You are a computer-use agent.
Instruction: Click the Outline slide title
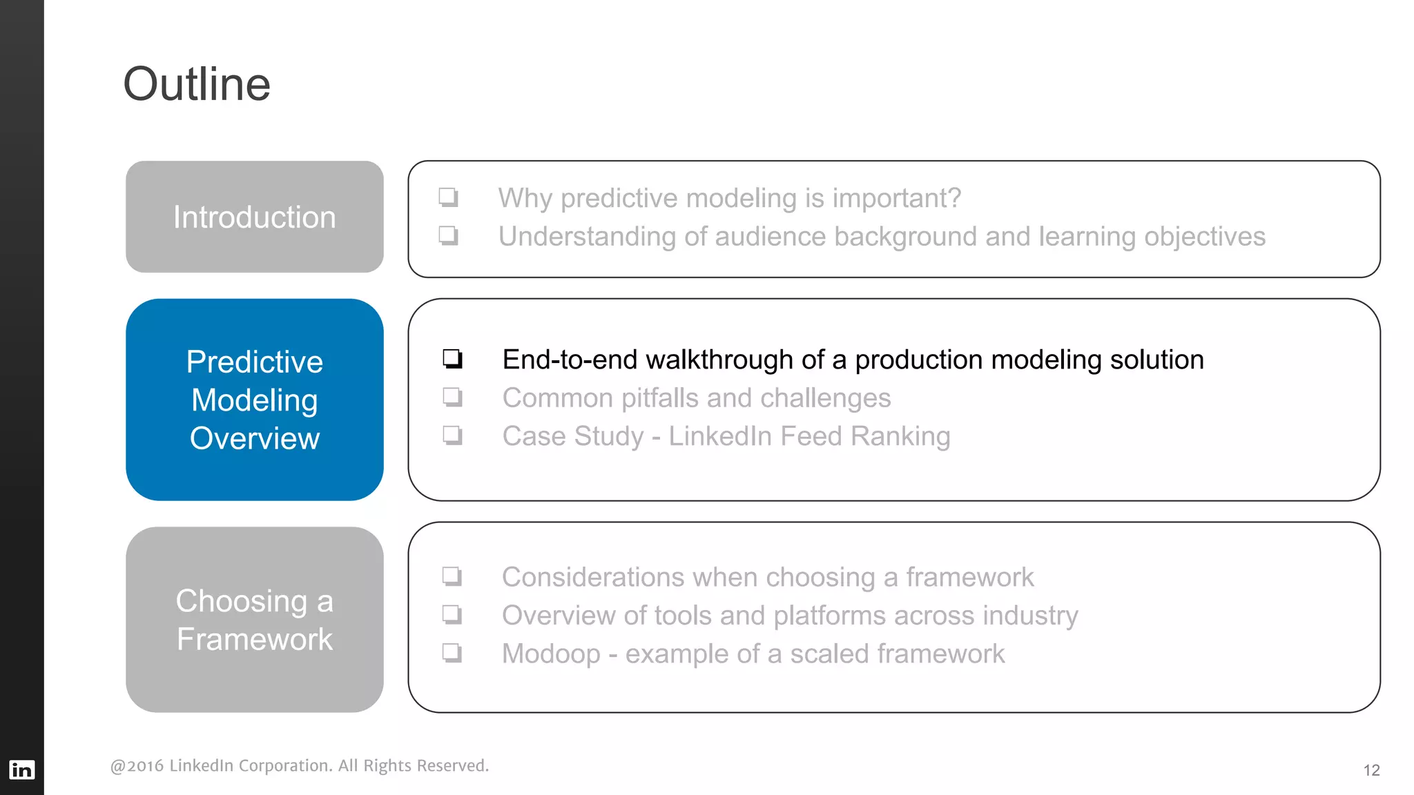[x=197, y=84]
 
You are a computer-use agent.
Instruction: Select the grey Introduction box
[x=254, y=217]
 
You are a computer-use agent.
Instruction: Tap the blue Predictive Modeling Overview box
[x=254, y=400]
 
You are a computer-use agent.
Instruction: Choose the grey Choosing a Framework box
[x=254, y=620]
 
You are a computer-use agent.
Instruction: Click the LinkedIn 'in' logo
[x=21, y=769]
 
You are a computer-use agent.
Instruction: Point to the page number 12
[x=1371, y=770]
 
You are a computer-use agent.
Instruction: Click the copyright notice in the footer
[x=299, y=765]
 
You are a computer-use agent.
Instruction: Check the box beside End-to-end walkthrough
[x=452, y=359]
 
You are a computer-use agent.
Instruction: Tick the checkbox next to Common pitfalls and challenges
[x=452, y=397]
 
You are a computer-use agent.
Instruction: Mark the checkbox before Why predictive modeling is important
[x=448, y=197]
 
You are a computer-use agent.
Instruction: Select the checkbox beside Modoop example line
[x=452, y=653]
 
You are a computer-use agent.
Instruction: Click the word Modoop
[x=551, y=654]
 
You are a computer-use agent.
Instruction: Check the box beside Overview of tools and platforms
[x=452, y=614]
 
